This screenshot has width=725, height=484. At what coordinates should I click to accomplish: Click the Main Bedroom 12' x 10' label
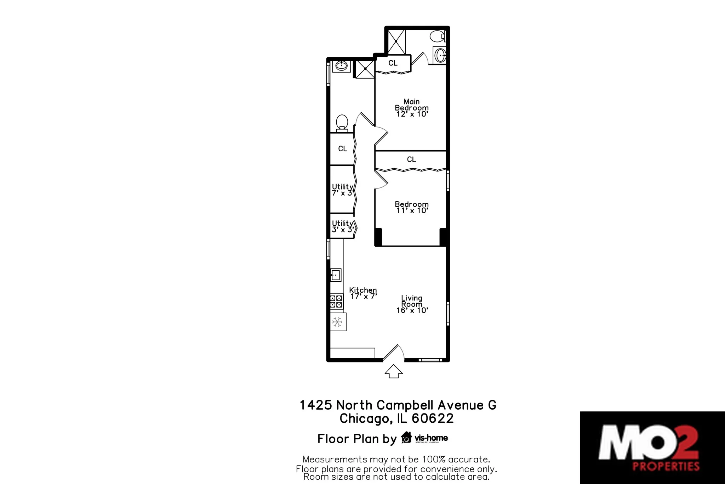click(412, 108)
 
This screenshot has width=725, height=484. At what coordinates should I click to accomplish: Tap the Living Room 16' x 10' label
click(412, 304)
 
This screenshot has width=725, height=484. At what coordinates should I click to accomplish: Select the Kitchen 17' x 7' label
click(363, 293)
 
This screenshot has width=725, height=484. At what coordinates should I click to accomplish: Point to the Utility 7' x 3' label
click(342, 190)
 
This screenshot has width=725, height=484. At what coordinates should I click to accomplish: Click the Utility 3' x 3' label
click(342, 226)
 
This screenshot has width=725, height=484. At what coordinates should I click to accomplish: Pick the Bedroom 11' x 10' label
click(412, 207)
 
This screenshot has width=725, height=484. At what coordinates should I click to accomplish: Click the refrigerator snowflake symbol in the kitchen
click(338, 322)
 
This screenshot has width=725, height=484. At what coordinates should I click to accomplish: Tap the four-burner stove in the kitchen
click(336, 302)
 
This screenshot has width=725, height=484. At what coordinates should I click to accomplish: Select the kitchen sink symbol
click(336, 275)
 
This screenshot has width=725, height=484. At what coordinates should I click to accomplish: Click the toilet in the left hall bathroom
click(342, 123)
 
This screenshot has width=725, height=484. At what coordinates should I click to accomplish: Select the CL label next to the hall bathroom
click(342, 149)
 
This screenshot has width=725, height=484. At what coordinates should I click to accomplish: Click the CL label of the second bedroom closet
click(411, 160)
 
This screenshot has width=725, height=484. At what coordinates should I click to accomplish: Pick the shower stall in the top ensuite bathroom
click(396, 42)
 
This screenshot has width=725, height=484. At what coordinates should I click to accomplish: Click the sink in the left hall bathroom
click(341, 66)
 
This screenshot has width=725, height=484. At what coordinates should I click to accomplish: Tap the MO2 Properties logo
click(652, 448)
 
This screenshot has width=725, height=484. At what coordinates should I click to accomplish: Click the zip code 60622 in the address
click(433, 418)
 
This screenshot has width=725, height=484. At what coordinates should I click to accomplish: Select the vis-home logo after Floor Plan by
click(424, 438)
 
